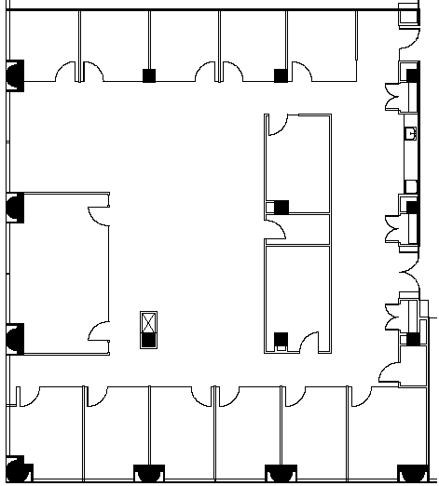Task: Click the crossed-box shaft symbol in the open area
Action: (x=147, y=322)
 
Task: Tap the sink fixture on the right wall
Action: (x=410, y=134)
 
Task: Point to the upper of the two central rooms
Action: (x=298, y=163)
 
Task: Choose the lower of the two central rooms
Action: (x=298, y=298)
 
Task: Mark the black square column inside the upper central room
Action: (x=281, y=207)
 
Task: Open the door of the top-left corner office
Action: (x=69, y=72)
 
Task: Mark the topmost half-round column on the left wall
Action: (x=15, y=74)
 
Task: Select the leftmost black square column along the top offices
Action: (x=148, y=76)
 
